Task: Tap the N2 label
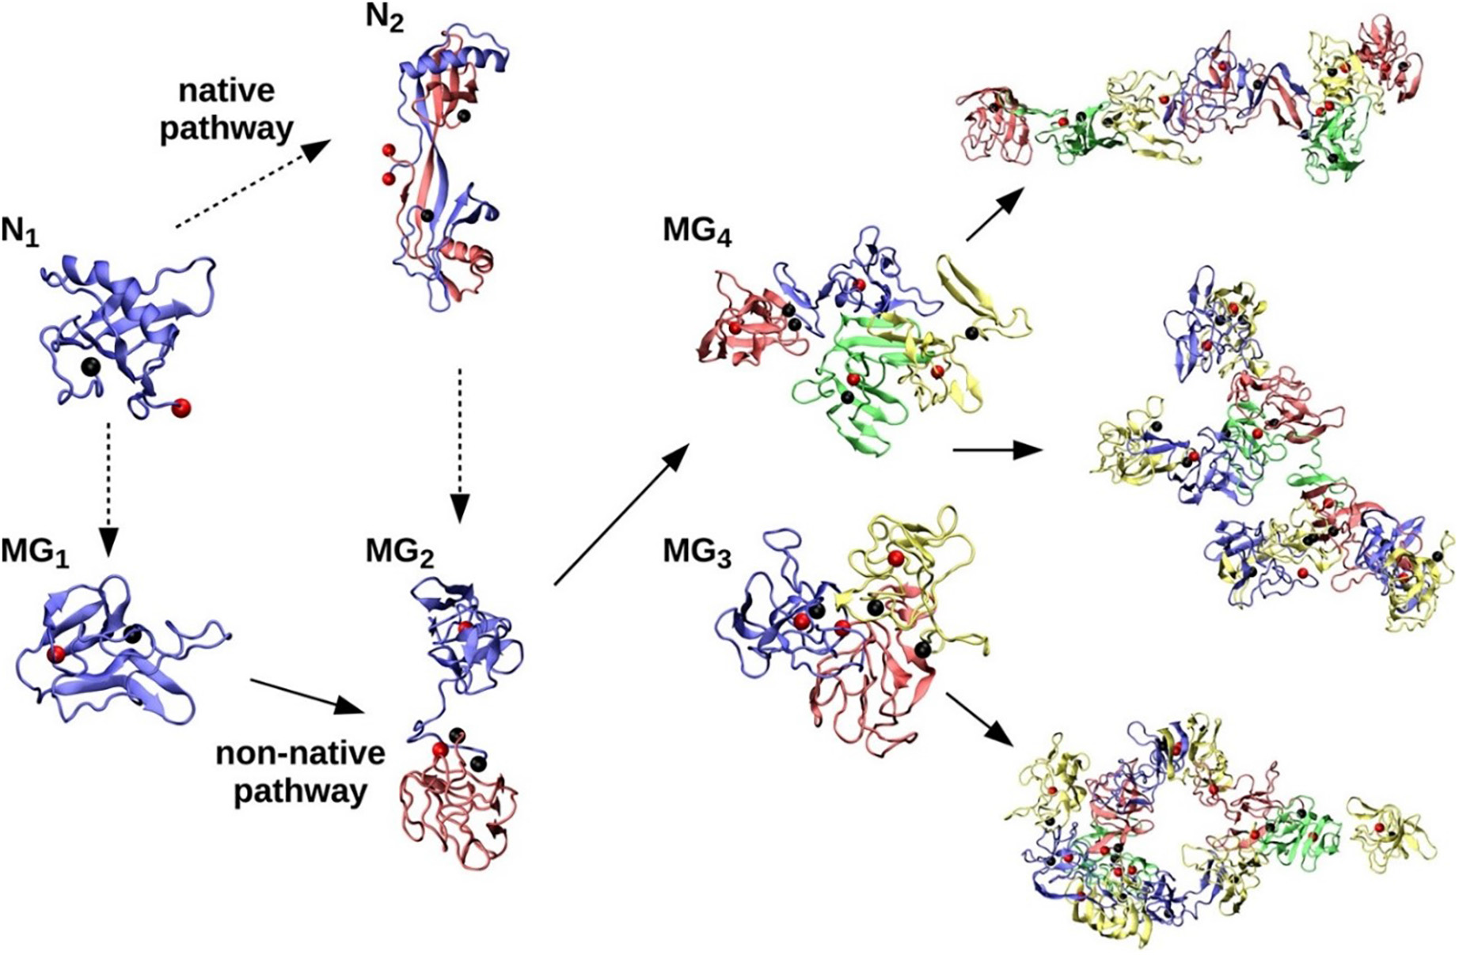click(x=385, y=17)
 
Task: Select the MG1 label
click(x=35, y=551)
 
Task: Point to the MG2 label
click(x=400, y=551)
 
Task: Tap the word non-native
click(x=300, y=752)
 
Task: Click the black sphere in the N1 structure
click(x=91, y=366)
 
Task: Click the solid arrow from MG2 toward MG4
click(x=621, y=514)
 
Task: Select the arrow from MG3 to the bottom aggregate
click(x=980, y=719)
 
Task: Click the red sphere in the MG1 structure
click(x=56, y=654)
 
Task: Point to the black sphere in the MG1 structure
click(x=132, y=635)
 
